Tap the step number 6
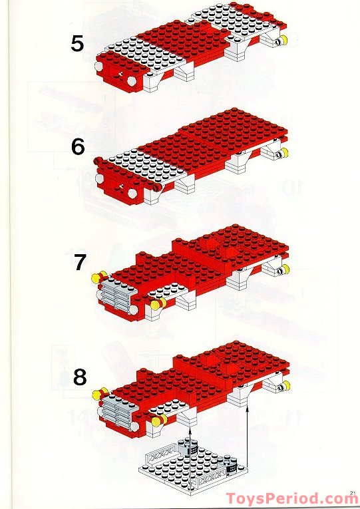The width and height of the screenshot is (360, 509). (78, 146)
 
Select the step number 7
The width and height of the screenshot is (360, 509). (80, 263)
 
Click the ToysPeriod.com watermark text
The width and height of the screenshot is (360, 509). (291, 498)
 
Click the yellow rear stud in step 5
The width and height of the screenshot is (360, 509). (281, 41)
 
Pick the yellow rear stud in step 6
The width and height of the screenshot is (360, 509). (284, 154)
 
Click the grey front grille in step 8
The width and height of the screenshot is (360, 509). (116, 410)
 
